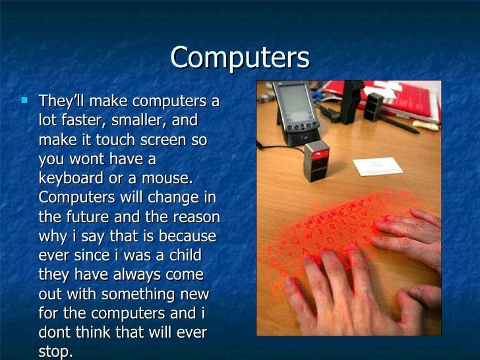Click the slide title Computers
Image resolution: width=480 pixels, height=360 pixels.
(x=239, y=58)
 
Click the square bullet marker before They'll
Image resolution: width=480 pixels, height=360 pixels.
(x=25, y=102)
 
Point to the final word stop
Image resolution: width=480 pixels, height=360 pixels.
(x=55, y=351)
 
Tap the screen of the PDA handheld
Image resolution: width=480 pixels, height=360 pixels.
(x=290, y=106)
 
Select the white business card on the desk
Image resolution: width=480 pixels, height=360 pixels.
(x=376, y=166)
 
